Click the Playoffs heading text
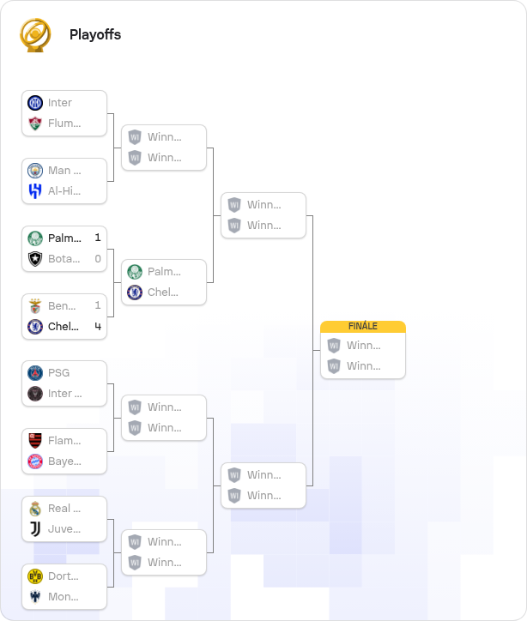pos(95,35)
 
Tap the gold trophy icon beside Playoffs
pos(35,35)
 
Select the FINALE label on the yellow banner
pos(362,326)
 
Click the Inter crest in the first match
pos(35,103)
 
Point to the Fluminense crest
pos(35,124)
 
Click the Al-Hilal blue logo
pos(35,191)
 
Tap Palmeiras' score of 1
pos(98,238)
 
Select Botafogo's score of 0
pos(98,259)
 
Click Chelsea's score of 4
pos(98,326)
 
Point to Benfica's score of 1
pos(98,305)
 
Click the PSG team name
pos(58,373)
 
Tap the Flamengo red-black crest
pos(35,441)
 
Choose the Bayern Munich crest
pos(35,461)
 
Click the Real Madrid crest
pos(35,509)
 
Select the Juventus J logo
pos(35,529)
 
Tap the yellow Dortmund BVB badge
pos(35,576)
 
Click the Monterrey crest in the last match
pos(35,597)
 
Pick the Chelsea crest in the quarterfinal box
pos(135,292)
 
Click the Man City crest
pos(35,171)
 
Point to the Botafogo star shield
pos(35,259)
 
